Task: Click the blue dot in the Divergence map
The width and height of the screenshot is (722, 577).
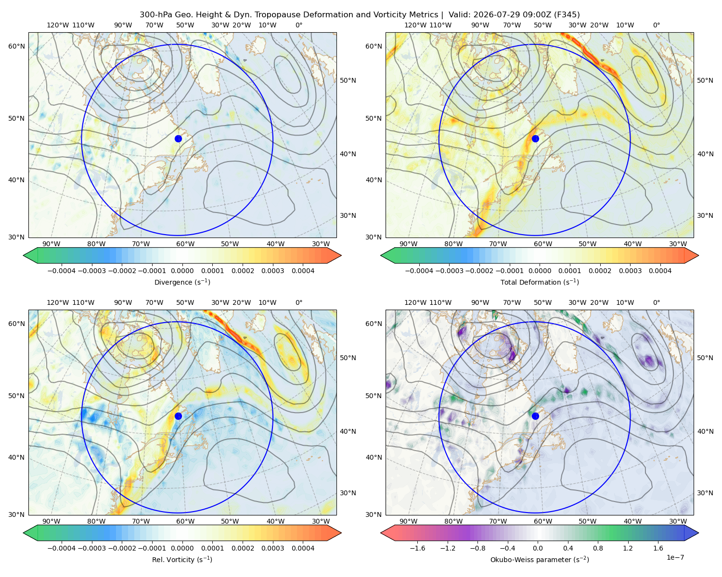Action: [178, 139]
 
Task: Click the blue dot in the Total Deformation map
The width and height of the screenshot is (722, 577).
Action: [535, 139]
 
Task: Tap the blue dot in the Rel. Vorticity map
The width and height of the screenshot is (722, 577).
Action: [178, 416]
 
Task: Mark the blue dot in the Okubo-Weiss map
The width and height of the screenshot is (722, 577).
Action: [535, 416]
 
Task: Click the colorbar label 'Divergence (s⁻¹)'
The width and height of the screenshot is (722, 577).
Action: [182, 282]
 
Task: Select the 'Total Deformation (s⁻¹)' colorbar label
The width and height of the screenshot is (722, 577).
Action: [540, 282]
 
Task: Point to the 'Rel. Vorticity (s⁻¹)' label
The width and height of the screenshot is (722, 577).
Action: [182, 560]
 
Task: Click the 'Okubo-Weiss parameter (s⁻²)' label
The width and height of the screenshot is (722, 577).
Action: [540, 560]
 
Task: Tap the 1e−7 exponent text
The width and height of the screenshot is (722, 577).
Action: [675, 557]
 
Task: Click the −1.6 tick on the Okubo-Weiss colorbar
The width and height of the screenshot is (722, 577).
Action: [417, 548]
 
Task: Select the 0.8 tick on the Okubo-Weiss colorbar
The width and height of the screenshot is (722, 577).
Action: [598, 548]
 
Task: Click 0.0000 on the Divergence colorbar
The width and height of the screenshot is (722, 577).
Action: [182, 271]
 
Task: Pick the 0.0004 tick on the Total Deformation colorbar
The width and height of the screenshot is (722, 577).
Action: [660, 271]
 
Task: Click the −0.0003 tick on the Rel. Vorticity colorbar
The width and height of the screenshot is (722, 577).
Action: [91, 548]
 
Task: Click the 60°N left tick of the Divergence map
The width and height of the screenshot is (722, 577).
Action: [16, 46]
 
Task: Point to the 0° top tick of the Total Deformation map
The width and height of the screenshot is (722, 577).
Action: [656, 25]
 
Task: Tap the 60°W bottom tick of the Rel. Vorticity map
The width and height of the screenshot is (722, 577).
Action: [185, 521]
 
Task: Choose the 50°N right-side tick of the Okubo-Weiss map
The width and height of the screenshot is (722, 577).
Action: [705, 358]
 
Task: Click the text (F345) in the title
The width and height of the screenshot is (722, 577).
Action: [567, 15]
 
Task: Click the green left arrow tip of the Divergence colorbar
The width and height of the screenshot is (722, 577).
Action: [24, 255]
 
